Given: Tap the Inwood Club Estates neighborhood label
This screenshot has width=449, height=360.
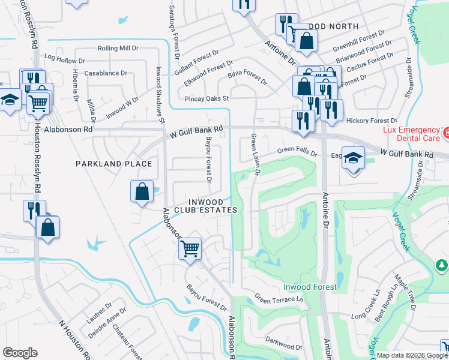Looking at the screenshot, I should coord(206,206).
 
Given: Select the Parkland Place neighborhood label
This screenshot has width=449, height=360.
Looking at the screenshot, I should coord(113,164).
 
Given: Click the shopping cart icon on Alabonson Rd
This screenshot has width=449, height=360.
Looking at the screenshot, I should coord(190,247).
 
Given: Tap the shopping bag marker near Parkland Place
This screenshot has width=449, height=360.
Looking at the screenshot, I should coord(141,193).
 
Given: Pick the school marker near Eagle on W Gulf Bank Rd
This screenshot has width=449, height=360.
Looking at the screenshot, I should coord(353,158).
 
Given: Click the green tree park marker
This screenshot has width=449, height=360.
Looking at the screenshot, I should coord(441,265).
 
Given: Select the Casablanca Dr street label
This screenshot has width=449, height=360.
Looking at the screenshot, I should coord(107,73).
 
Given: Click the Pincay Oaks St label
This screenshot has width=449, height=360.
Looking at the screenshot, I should coord(207,98).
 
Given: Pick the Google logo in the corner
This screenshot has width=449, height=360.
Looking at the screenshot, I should coord(20,353).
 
